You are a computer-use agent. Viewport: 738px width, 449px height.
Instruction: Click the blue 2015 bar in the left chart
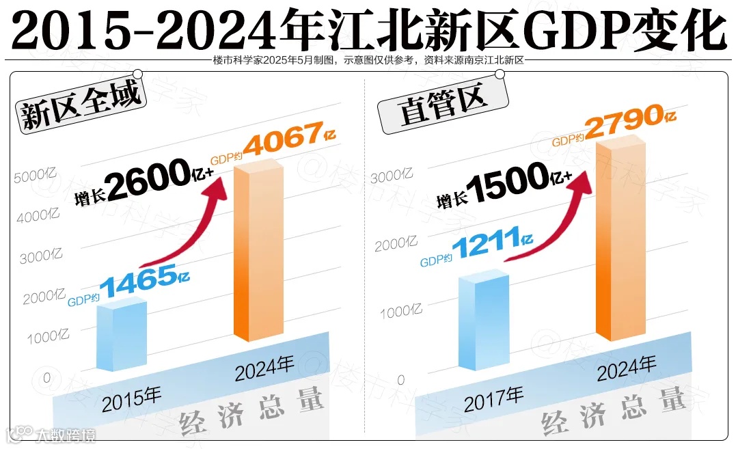click(x=122, y=336)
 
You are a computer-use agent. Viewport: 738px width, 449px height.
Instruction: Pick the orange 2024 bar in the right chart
click(x=620, y=239)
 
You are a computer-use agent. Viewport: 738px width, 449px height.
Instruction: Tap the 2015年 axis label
click(x=132, y=399)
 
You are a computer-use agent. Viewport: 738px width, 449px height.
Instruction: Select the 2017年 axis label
click(x=493, y=399)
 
